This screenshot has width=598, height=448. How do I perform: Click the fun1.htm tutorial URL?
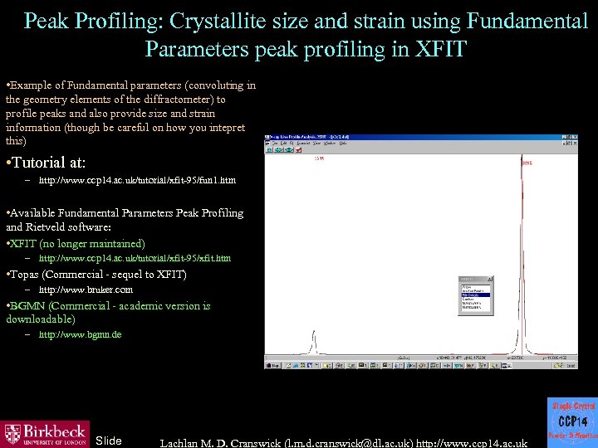[x=137, y=180]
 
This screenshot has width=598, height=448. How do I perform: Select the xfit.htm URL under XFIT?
[x=135, y=258]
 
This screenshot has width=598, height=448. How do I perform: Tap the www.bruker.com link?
[x=86, y=290]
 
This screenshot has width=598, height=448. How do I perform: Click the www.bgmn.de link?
[x=80, y=334]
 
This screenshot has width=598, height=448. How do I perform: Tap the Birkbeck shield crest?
[x=12, y=434]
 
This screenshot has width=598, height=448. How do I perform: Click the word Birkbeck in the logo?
[x=54, y=431]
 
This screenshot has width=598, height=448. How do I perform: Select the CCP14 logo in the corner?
[x=571, y=422]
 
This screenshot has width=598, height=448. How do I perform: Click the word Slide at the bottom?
[x=109, y=441]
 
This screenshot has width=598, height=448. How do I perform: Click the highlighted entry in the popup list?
[x=475, y=295]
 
